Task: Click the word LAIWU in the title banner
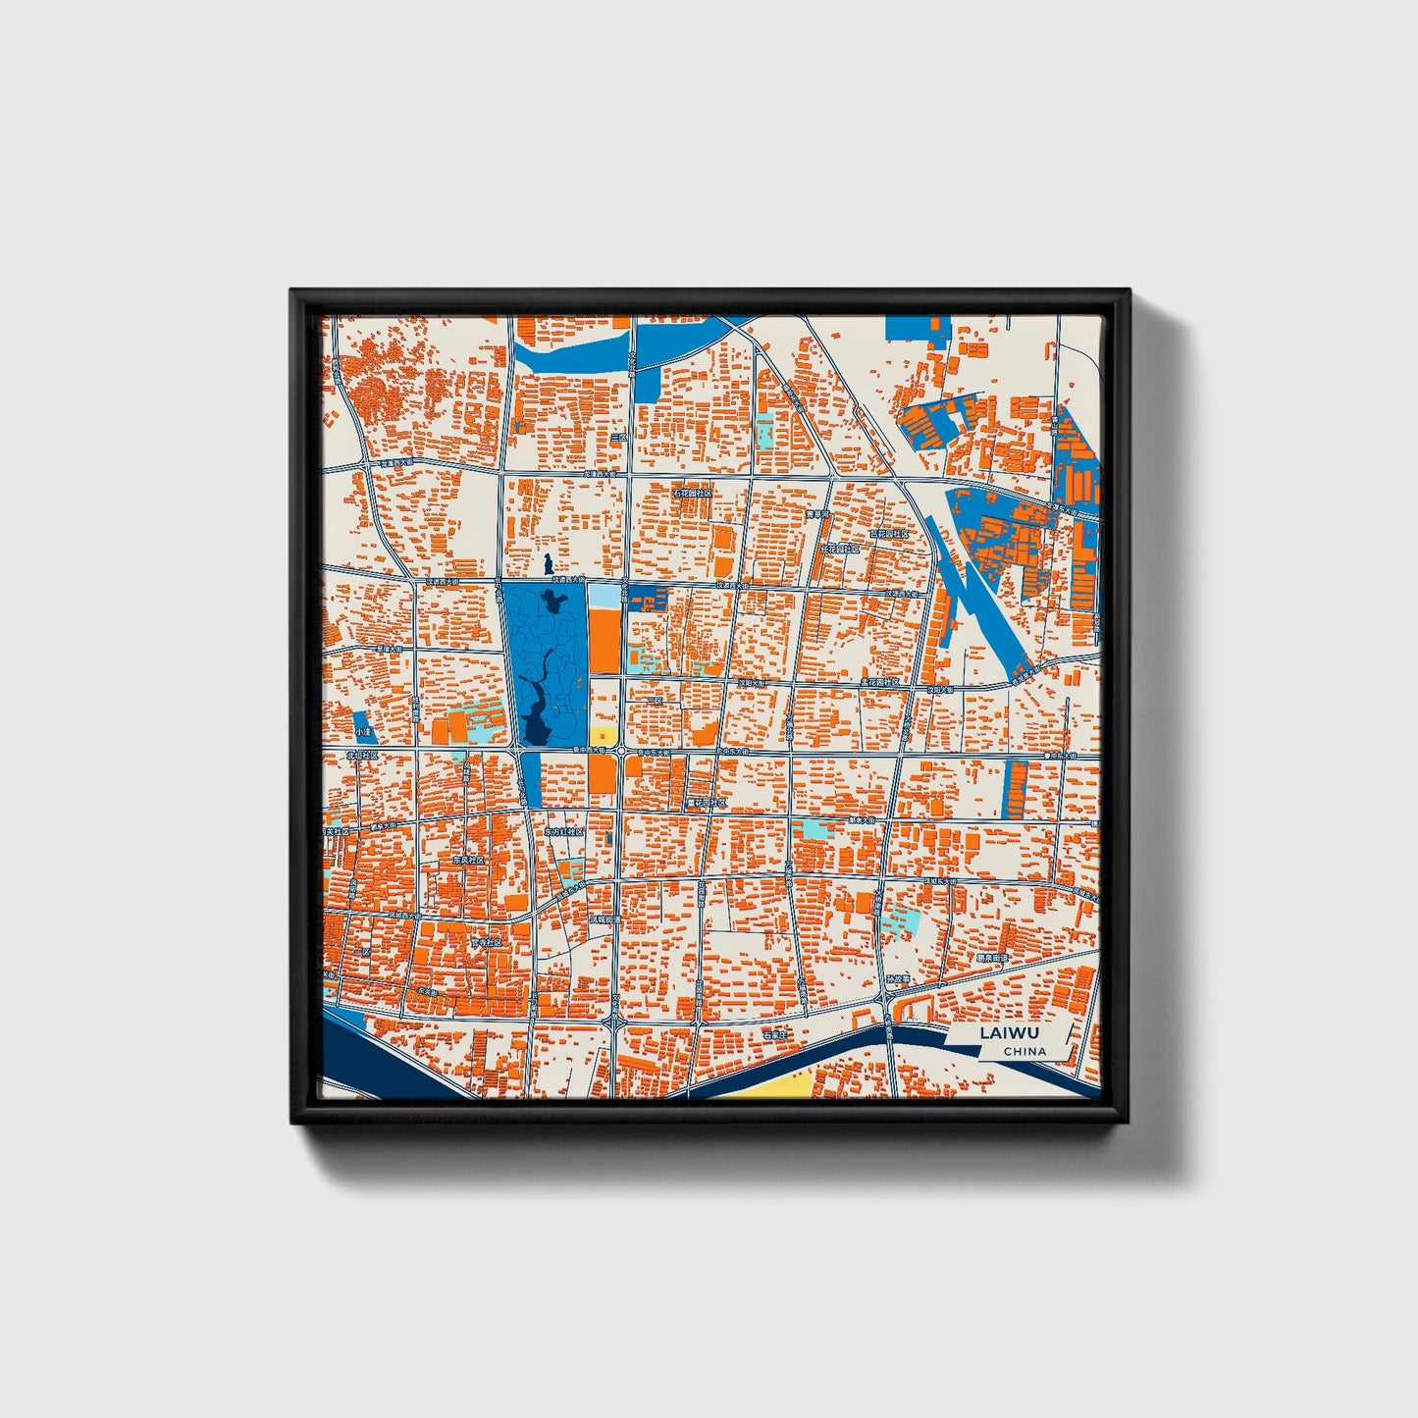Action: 1009,1032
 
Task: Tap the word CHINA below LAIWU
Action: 1024,1051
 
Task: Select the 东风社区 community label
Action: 468,860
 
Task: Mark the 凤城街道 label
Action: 604,919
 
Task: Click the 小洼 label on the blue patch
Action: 364,732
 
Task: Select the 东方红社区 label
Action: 564,831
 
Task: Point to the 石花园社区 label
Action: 692,493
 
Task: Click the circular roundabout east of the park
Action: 621,752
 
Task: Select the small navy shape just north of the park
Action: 547,566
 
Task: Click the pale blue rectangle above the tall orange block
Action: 604,595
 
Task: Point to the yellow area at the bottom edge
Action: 775,1084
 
